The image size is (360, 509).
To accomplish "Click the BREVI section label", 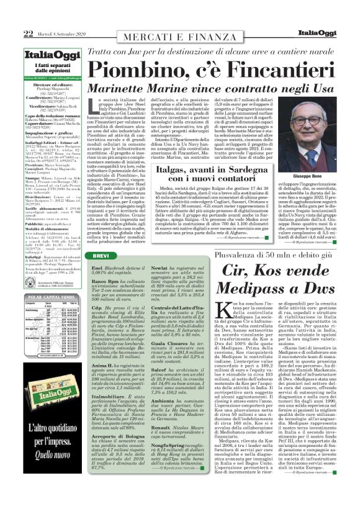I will point(101,256).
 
